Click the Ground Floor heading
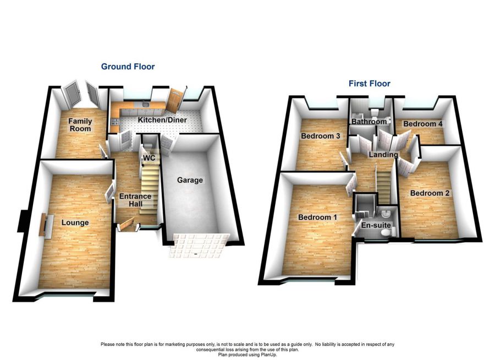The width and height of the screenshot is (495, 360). coord(128,67)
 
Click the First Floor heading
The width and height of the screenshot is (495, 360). coord(369,84)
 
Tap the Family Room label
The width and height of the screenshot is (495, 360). coord(80,125)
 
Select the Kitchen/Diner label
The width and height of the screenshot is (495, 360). coord(162,120)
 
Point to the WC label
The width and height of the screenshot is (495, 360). coord(148,158)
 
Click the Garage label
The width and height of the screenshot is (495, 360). coord(189,180)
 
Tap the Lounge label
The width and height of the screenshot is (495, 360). coord(75,222)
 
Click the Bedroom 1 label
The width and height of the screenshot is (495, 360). coord(317,217)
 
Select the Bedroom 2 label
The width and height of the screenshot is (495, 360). coord(430,193)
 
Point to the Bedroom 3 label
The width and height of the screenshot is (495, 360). coord(320,136)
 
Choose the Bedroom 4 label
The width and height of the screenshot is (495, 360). coord(422,124)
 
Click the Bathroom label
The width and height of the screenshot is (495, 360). coord(369,122)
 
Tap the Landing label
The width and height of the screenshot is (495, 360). coord(383,155)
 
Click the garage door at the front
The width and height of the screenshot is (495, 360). coord(199,245)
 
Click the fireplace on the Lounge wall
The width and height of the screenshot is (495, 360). coord(43,225)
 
